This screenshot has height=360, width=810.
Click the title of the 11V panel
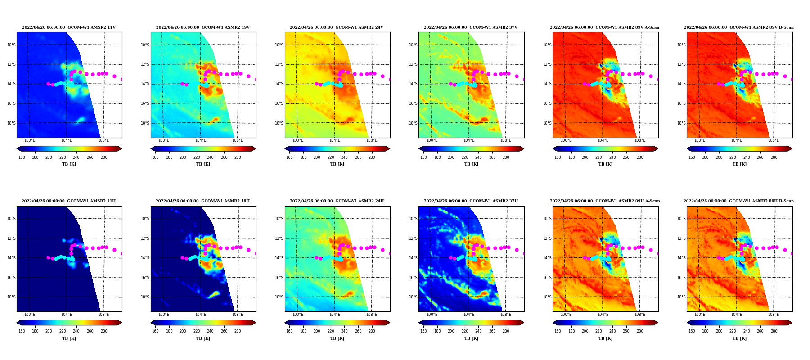[69, 27]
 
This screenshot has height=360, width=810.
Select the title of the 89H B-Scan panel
[739, 201]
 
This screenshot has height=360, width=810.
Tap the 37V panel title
[471, 27]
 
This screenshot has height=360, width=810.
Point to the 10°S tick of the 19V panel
[145, 45]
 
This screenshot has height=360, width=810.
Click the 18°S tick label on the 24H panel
[279, 297]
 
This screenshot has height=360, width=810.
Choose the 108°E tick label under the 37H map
[506, 315]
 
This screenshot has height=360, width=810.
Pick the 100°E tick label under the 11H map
[30, 315]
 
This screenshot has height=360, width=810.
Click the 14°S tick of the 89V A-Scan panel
[547, 84]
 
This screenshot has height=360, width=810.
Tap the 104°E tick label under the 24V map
[335, 140]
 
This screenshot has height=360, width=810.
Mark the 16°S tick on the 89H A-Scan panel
[547, 278]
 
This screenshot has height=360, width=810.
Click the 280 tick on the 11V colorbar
[104, 157]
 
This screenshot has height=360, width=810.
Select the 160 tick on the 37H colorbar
[423, 332]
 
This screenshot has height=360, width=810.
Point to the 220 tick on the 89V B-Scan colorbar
[733, 157]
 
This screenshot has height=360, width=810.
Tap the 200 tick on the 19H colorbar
[183, 332]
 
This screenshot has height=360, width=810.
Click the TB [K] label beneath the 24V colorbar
[337, 164]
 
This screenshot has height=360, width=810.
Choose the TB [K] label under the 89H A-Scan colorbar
[605, 338]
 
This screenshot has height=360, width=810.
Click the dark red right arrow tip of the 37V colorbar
[524, 148]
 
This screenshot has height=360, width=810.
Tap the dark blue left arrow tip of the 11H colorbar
[17, 323]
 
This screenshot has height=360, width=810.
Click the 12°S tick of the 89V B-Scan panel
[681, 64]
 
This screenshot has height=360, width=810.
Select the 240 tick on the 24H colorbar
[344, 332]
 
